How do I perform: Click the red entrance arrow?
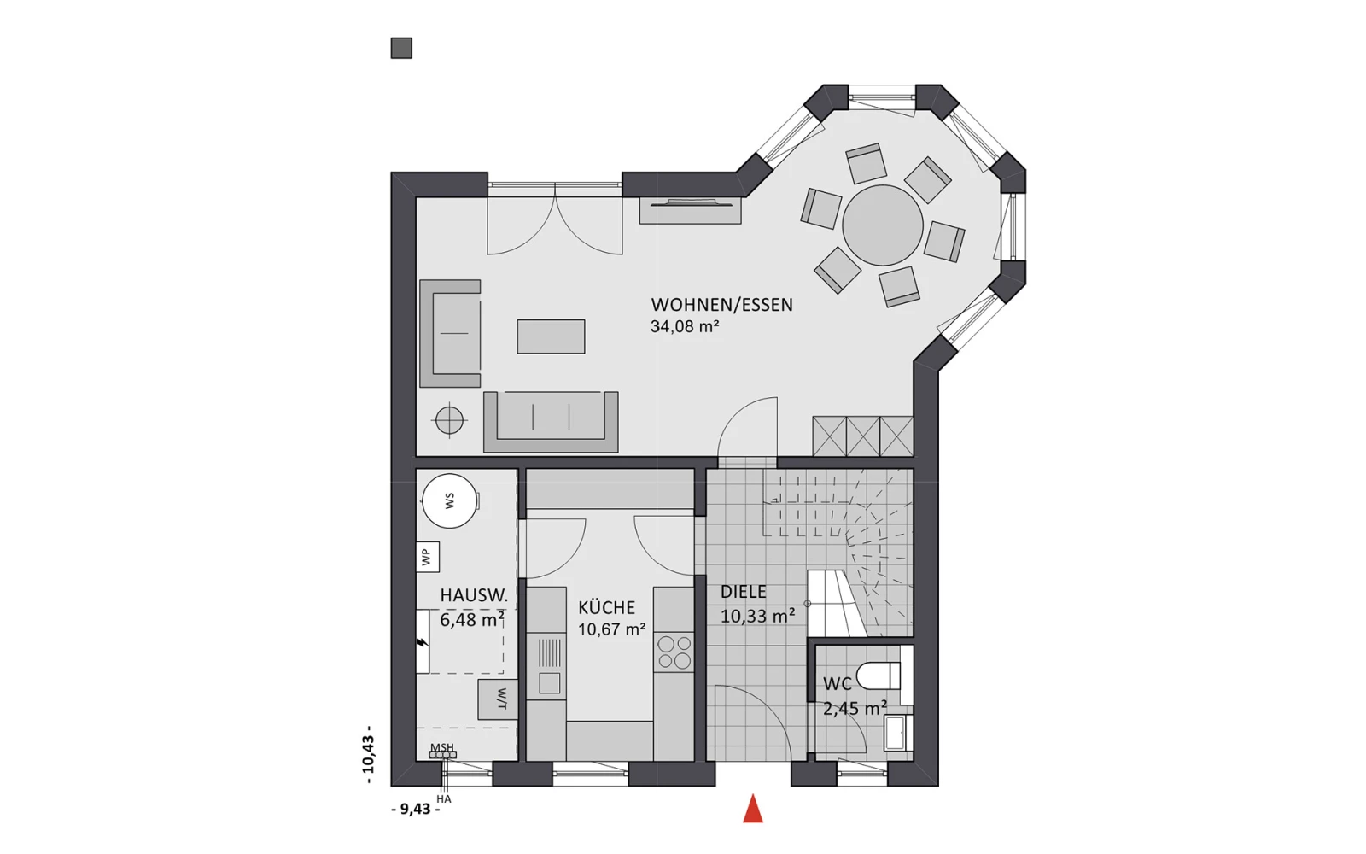[753, 809]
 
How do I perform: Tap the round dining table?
[883, 225]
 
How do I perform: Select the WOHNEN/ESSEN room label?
[722, 305]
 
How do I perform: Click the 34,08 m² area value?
[685, 326]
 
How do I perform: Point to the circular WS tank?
[450, 500]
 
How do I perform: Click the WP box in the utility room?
[428, 556]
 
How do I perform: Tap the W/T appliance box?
[499, 699]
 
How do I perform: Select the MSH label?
[442, 747]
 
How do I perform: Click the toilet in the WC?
[879, 676]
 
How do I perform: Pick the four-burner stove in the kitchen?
[674, 652]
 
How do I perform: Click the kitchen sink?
[548, 666]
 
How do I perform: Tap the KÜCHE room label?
[607, 607]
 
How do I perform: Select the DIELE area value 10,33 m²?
[758, 616]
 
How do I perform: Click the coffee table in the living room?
[552, 336]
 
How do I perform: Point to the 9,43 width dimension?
[415, 810]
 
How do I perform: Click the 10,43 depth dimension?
[368, 755]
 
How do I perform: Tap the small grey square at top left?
[401, 48]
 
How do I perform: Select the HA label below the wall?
[444, 799]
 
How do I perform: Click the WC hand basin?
[898, 732]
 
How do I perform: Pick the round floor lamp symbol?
[449, 419]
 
